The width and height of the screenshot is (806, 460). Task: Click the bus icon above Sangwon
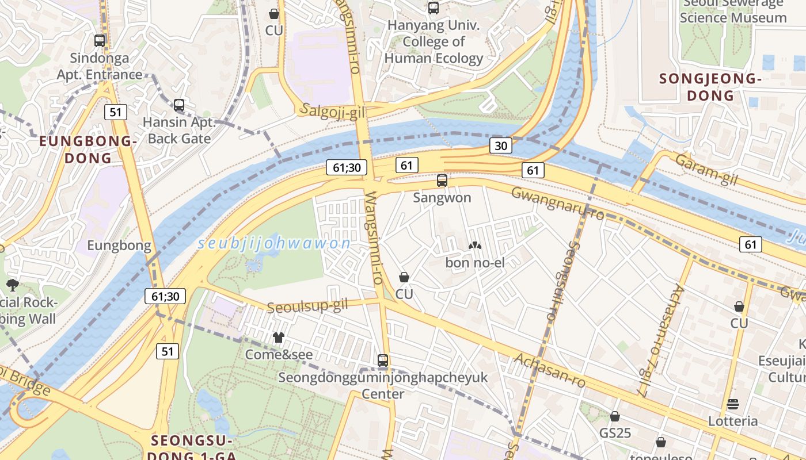(x=442, y=181)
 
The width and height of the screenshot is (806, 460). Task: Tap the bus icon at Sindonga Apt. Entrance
(x=100, y=41)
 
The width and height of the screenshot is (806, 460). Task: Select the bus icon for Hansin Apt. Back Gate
(x=179, y=105)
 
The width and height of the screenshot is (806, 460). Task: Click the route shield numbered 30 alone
(x=501, y=145)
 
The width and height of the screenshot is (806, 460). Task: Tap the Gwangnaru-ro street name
(x=557, y=204)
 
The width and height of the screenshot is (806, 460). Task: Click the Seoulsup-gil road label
(x=307, y=305)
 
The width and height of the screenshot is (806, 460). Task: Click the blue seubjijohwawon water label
(x=274, y=243)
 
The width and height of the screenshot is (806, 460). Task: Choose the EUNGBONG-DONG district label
(x=88, y=149)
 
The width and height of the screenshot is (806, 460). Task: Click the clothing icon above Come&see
(x=279, y=338)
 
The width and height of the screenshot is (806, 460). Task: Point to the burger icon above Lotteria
(x=733, y=404)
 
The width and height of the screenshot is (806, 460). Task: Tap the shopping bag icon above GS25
(x=615, y=416)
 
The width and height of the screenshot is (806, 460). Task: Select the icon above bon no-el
(x=475, y=246)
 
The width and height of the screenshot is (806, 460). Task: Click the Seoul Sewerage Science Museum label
(x=732, y=11)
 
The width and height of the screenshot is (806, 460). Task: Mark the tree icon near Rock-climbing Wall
(x=12, y=285)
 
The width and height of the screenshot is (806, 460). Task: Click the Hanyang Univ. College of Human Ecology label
(x=434, y=41)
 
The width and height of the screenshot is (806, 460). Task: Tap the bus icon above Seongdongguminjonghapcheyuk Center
(x=383, y=361)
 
